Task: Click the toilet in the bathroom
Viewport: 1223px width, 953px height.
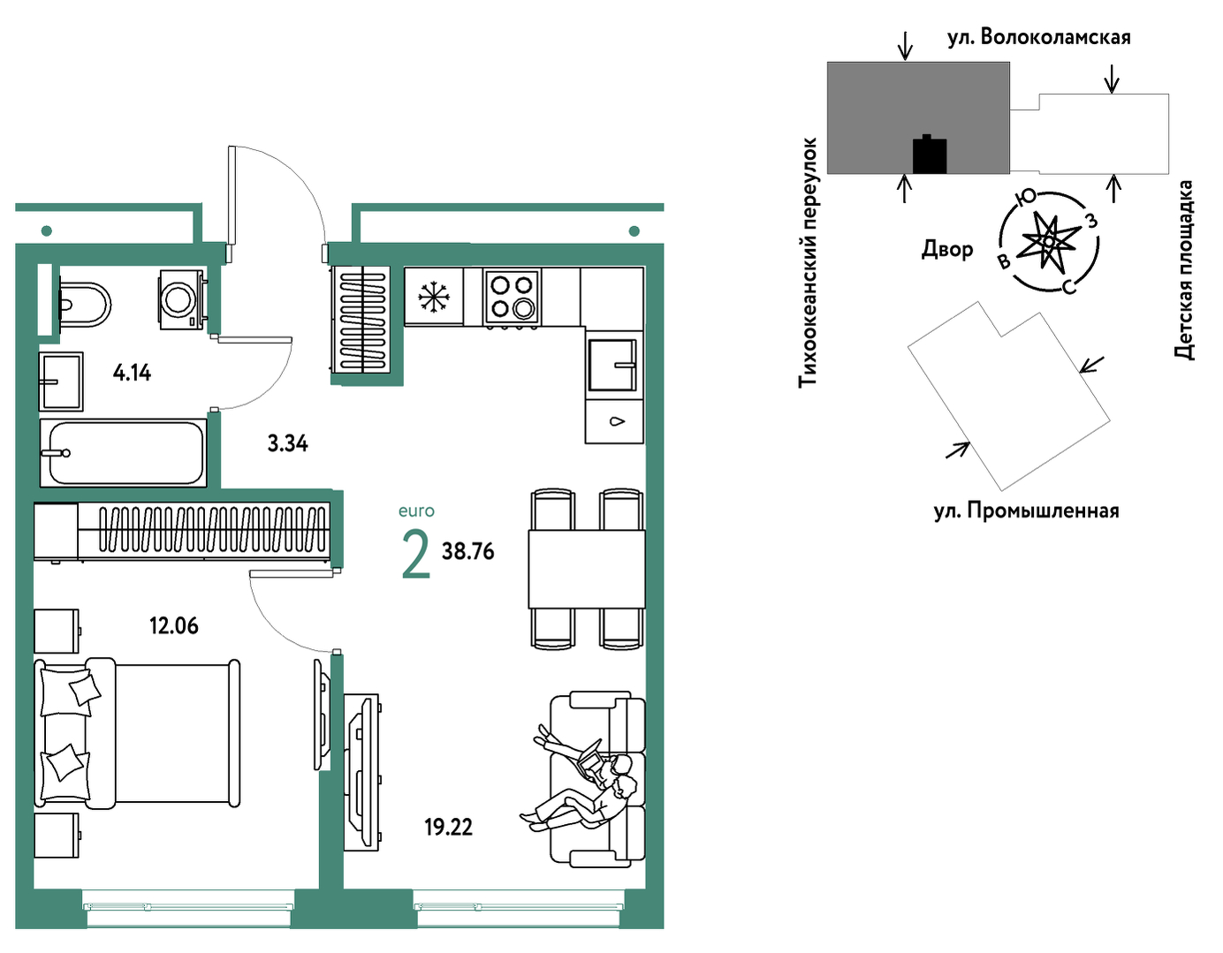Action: pyautogui.click(x=85, y=305)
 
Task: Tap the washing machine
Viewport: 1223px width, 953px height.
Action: pyautogui.click(x=182, y=299)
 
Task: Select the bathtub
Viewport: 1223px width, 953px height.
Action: pyautogui.click(x=123, y=452)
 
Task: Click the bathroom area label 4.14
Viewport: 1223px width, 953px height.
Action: pyautogui.click(x=133, y=373)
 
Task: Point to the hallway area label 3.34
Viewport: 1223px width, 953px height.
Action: pyautogui.click(x=287, y=444)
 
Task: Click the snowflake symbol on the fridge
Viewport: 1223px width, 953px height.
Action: pyautogui.click(x=434, y=297)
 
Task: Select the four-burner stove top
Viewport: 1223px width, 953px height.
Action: pyautogui.click(x=512, y=297)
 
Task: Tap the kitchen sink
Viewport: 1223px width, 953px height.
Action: pyautogui.click(x=613, y=365)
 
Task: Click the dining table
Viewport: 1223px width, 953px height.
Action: pyautogui.click(x=587, y=569)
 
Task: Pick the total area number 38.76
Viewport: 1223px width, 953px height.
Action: pyautogui.click(x=467, y=552)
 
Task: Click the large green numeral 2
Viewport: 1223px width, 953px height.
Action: pyautogui.click(x=416, y=556)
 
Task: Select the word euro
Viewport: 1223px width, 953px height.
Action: pyautogui.click(x=416, y=511)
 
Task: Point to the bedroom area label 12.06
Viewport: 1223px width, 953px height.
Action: pyautogui.click(x=174, y=625)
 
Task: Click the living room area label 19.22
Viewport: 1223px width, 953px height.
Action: pyautogui.click(x=449, y=828)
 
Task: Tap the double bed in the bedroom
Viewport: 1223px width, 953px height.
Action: pyautogui.click(x=137, y=734)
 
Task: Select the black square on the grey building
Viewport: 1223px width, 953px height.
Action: pyautogui.click(x=930, y=155)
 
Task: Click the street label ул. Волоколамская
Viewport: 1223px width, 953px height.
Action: pyautogui.click(x=1039, y=37)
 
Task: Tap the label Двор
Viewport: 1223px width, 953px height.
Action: pyautogui.click(x=947, y=249)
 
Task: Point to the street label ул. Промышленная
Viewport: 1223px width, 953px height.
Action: pyautogui.click(x=1027, y=511)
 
